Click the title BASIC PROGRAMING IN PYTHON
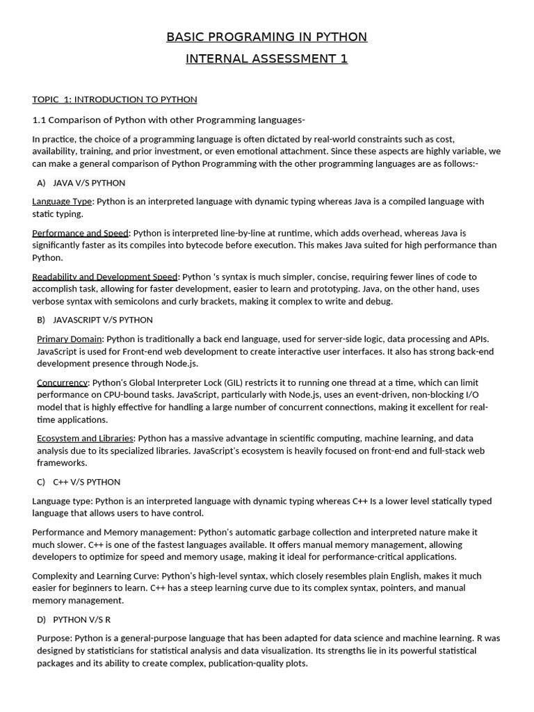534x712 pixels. click(x=266, y=37)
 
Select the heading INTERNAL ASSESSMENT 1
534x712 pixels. click(x=266, y=59)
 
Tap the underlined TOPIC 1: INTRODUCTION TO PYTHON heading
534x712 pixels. click(x=115, y=99)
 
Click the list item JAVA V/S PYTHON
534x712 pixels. click(x=89, y=183)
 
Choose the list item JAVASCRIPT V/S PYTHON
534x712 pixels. click(x=103, y=320)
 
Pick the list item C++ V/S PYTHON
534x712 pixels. click(x=86, y=482)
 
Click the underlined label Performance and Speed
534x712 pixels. click(x=80, y=233)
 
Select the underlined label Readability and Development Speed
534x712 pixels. click(x=105, y=277)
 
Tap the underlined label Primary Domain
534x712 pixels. click(x=70, y=339)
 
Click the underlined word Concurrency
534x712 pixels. click(x=63, y=382)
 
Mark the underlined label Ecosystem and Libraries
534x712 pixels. click(x=85, y=439)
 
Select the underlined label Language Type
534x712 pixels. click(x=62, y=202)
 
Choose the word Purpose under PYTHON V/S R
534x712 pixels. click(x=54, y=638)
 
